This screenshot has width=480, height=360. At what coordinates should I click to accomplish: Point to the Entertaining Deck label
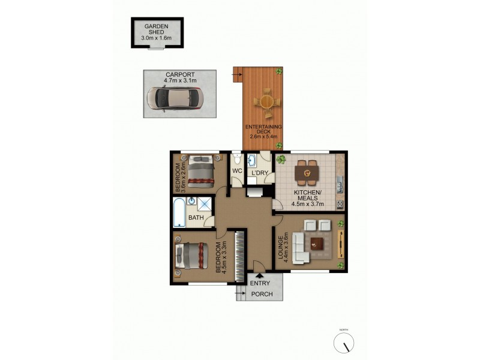pos(263,130)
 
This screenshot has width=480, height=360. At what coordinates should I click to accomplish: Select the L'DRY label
pos(260,173)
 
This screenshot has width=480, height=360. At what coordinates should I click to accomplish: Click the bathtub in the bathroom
pos(178,212)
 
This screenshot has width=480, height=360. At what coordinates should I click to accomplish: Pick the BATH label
pos(196,218)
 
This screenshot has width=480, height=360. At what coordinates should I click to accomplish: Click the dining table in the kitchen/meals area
pos(306,173)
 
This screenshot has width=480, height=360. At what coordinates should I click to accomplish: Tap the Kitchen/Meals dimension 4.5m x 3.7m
pos(308,204)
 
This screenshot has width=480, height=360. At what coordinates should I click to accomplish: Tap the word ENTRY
pos(260,283)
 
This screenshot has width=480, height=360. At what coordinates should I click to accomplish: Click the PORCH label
pos(262,294)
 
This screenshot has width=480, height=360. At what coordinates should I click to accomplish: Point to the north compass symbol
pos(344,343)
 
